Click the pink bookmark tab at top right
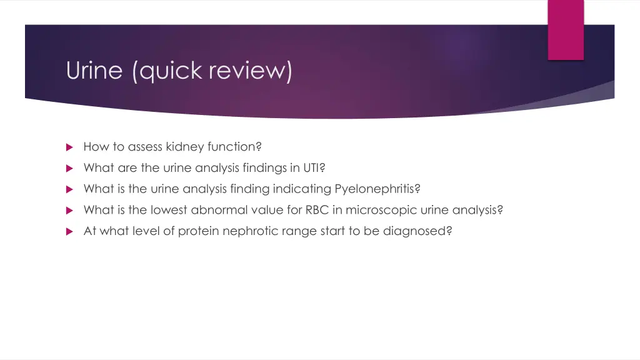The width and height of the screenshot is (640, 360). pos(566,29)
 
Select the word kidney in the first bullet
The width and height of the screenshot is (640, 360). pos(185,147)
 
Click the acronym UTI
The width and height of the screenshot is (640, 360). pos(311,167)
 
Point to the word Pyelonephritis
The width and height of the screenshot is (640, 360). pos(373,189)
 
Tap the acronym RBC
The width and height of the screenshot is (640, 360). pos(316,210)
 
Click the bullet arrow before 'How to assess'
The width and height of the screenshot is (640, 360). pos(70,147)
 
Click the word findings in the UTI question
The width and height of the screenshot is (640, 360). pos(264,167)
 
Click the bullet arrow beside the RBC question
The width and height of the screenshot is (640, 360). pos(70,211)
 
